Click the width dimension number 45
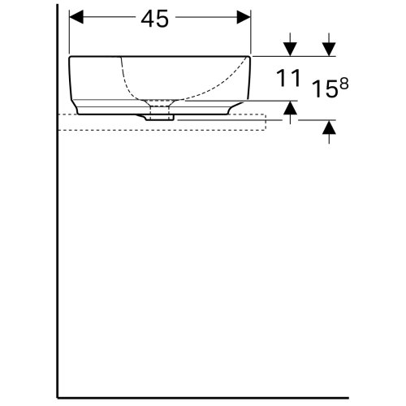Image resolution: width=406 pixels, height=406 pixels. [159, 19]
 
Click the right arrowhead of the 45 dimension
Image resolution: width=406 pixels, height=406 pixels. [245, 17]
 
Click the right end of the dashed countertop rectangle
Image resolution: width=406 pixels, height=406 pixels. [266, 122]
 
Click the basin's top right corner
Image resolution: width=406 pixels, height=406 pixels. [251, 57]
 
